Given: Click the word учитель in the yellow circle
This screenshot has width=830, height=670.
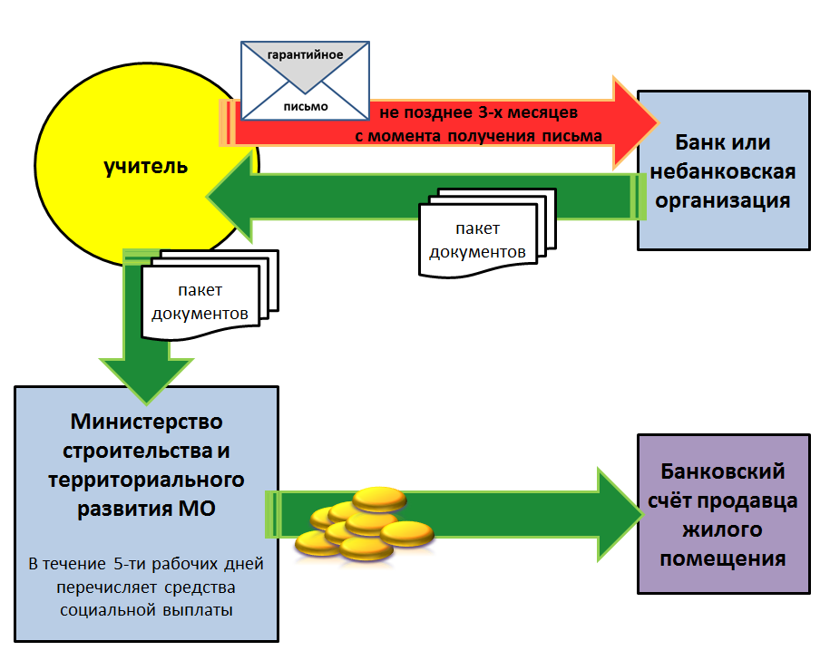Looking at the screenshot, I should (146, 167).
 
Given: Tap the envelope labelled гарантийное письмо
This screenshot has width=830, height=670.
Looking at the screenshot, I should (305, 83).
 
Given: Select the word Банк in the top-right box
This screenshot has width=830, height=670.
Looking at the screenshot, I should (701, 143).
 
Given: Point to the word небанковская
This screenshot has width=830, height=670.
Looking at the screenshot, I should (724, 171).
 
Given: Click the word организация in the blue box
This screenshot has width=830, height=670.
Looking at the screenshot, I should (723, 199).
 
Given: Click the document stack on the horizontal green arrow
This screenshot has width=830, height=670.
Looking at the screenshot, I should (487, 237).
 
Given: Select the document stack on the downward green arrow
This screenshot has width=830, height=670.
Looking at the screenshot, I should (206, 297).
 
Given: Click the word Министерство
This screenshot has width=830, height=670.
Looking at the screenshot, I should (146, 422).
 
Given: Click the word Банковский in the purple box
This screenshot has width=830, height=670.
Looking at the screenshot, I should (722, 472).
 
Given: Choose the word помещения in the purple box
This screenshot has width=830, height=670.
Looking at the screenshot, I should (722, 558).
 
